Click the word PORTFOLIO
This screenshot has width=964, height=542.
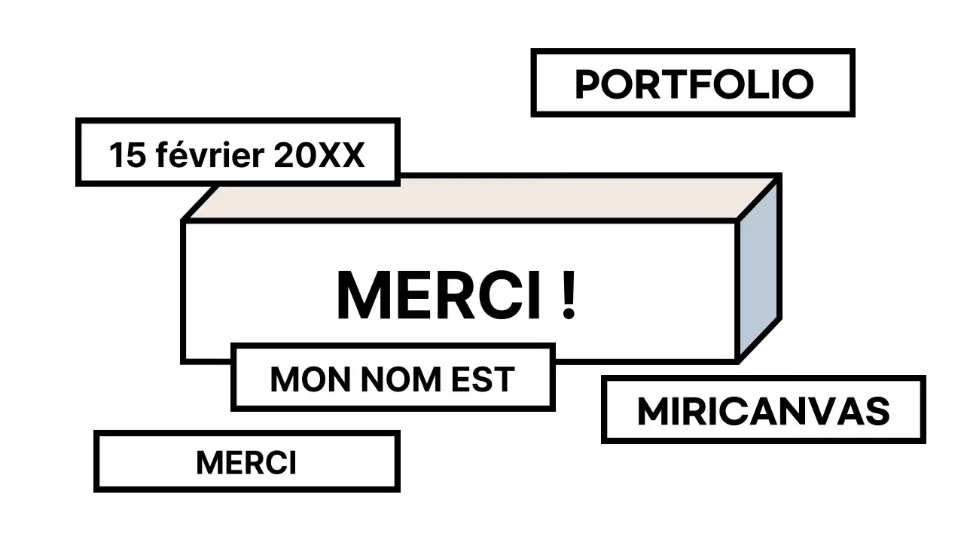tap(694, 84)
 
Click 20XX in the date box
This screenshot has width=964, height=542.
tap(319, 156)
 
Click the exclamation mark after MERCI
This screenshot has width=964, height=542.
tap(569, 296)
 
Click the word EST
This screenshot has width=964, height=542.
tap(482, 379)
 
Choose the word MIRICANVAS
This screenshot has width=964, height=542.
tap(763, 412)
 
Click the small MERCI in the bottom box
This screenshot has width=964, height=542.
tap(246, 462)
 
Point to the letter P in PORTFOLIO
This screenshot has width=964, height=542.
tap(588, 84)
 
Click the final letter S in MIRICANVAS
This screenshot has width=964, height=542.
tap(878, 412)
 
